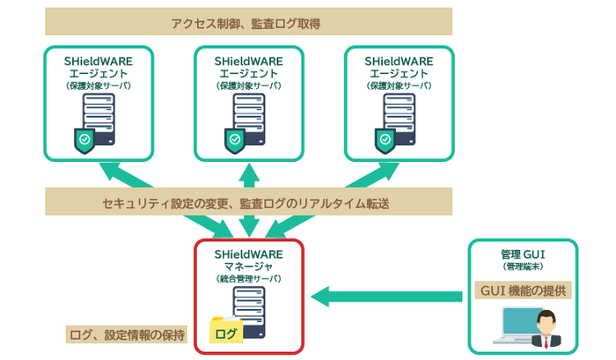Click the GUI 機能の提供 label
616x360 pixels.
pos(523,290)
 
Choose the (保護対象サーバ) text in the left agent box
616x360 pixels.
pos(99,86)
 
